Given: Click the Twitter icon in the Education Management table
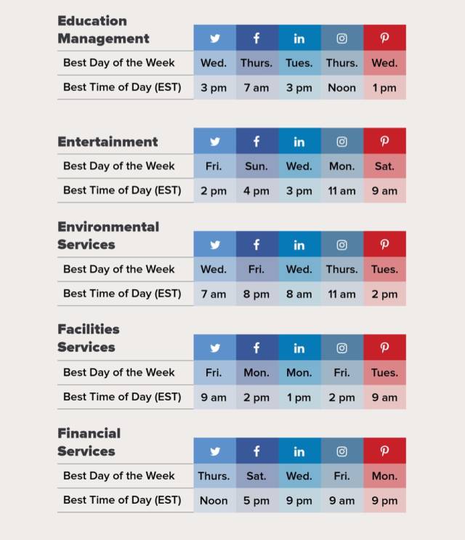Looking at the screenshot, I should (214, 39).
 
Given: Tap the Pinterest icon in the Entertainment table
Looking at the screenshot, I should (384, 142).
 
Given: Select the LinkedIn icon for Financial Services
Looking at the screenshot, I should (299, 451).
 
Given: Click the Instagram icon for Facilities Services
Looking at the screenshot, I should (341, 348).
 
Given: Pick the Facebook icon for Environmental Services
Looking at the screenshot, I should (256, 245).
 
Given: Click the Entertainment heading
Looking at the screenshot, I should (108, 142).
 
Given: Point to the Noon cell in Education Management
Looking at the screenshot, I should (341, 88).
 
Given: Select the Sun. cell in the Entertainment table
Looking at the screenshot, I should (256, 166).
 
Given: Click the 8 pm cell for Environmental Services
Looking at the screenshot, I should (256, 294).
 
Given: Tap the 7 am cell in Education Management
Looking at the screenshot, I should (256, 88).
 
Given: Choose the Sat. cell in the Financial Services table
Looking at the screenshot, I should (256, 476).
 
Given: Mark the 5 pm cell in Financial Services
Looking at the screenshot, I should (256, 501).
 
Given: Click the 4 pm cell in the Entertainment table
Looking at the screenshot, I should (256, 191).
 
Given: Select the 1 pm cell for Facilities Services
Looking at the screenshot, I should (299, 398).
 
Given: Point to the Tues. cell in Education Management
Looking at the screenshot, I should (299, 63).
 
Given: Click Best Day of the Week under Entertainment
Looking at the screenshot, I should (119, 166).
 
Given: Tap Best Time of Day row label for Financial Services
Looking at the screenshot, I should (122, 501).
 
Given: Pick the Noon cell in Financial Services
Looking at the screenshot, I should (214, 501).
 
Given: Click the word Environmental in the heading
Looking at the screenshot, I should (108, 227).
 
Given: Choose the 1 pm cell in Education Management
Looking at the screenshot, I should (384, 88).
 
